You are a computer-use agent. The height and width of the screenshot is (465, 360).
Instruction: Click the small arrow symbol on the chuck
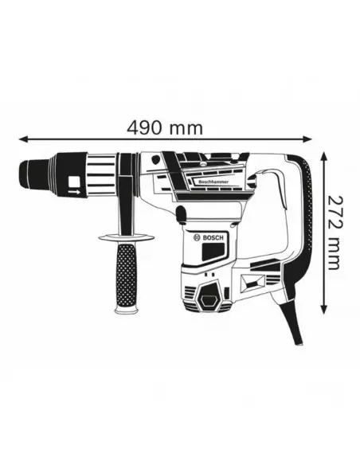click(x=72, y=192)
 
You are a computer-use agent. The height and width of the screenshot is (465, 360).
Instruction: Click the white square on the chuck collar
click(x=74, y=179)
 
